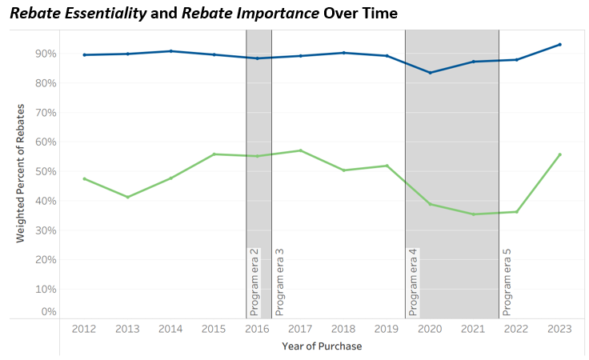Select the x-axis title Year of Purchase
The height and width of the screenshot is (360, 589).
[321, 346]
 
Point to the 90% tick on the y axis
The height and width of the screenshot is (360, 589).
[45, 54]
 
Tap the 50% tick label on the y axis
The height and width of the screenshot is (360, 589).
[45, 172]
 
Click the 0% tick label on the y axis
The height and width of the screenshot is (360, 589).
[48, 311]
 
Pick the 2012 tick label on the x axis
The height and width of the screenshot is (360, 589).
[84, 328]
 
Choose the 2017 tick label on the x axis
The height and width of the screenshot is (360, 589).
[299, 328]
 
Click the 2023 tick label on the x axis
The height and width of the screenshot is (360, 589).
[559, 328]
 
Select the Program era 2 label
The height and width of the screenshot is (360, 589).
[254, 282]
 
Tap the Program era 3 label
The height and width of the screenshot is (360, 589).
[280, 282]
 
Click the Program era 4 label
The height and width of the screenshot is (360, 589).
[414, 282]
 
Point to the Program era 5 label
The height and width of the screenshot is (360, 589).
[507, 282]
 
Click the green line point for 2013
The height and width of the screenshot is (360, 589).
[127, 197]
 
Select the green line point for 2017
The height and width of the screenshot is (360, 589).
[300, 150]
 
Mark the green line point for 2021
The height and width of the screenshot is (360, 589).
[473, 214]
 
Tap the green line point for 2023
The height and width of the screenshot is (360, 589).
[559, 154]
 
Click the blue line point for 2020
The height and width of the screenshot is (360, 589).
[430, 73]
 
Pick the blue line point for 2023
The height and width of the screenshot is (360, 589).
[559, 45]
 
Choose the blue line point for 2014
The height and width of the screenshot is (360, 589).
[170, 51]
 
